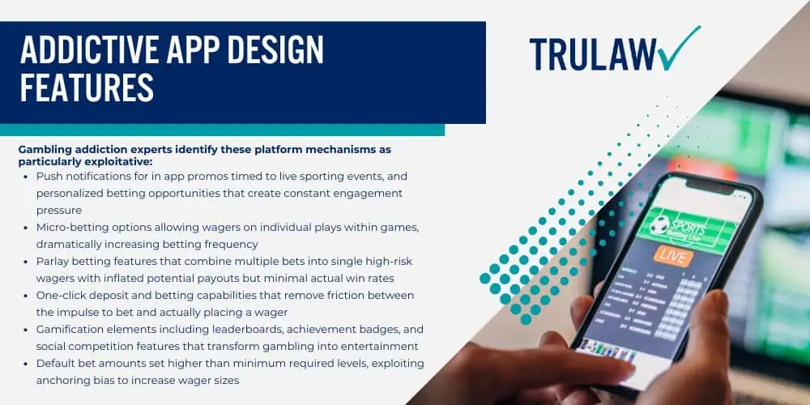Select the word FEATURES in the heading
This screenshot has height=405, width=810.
pyautogui.click(x=86, y=87)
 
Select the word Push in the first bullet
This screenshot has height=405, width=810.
pyautogui.click(x=50, y=175)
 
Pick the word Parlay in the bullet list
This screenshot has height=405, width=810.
pyautogui.click(x=53, y=262)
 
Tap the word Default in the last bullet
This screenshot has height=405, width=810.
pyautogui.click(x=56, y=364)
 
